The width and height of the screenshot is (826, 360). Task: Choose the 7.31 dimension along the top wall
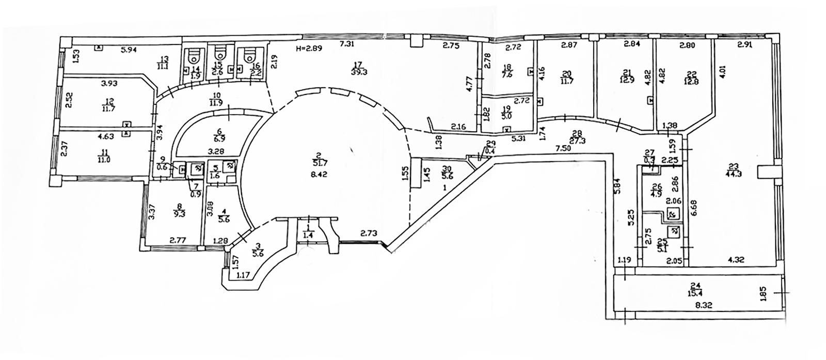coord(346,44)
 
